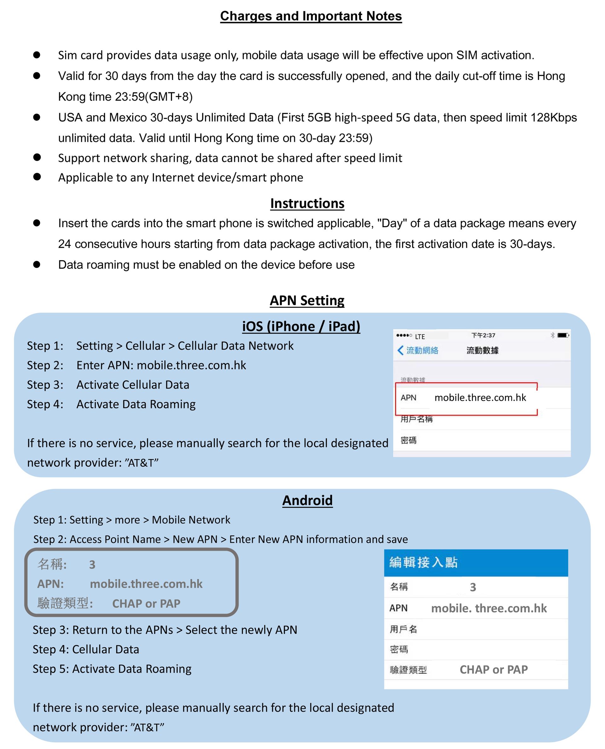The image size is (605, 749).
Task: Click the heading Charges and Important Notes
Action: tap(311, 16)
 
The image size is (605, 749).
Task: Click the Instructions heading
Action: tap(307, 203)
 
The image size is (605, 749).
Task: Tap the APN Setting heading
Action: tap(307, 300)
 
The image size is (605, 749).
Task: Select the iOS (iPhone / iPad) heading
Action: tap(301, 326)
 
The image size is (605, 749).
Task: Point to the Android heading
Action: tap(307, 500)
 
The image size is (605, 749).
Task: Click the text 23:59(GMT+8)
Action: tap(154, 97)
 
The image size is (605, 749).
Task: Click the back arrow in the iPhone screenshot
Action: tap(400, 350)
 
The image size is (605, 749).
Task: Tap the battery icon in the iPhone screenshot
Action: tap(562, 335)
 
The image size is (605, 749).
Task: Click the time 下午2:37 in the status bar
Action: tap(483, 335)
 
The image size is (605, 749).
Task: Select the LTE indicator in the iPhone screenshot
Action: tap(420, 337)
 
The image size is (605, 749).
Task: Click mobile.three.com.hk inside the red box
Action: tap(480, 398)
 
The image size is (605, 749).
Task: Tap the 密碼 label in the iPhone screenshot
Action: tap(408, 440)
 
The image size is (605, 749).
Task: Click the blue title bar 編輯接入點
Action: tap(476, 562)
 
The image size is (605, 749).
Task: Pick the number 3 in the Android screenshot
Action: tap(473, 587)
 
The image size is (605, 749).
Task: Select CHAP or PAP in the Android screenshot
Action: tap(493, 670)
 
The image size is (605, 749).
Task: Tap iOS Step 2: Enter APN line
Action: tap(137, 365)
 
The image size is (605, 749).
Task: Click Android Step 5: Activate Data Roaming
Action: tap(112, 669)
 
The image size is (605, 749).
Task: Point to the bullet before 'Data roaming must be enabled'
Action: tap(37, 264)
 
